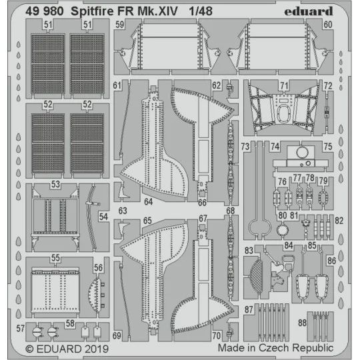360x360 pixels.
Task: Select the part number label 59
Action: click(119, 25)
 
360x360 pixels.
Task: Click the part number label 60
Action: click(327, 25)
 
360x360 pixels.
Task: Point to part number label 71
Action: click(284, 86)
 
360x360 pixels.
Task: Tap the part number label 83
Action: click(248, 250)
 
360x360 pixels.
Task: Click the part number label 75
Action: click(327, 147)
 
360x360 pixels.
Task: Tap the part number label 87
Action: click(248, 309)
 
